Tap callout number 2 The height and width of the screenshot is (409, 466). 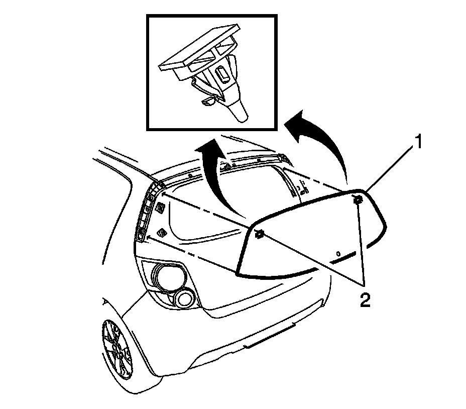pos(364,300)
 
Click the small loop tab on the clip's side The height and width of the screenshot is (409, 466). pos(207,103)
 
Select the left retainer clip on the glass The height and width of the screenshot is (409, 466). pos(260,234)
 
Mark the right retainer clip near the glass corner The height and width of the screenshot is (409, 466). pos(358,201)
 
